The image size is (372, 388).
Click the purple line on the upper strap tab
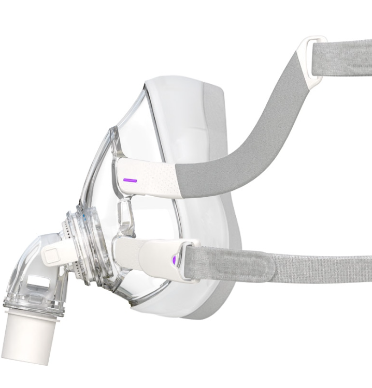130,181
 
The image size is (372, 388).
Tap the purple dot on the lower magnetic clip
175,258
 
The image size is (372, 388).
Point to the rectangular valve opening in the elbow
38,283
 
